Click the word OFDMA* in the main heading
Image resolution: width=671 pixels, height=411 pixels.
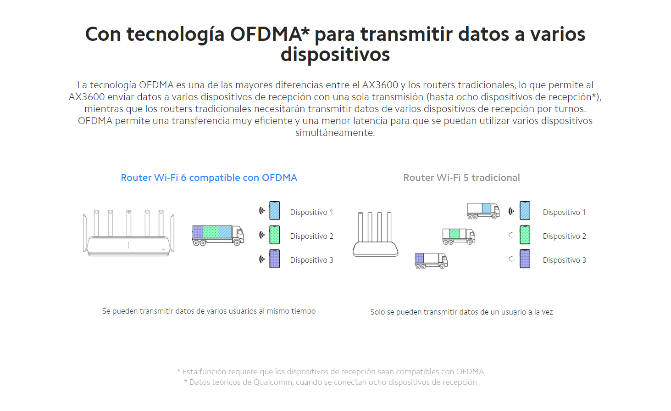[x=269, y=34]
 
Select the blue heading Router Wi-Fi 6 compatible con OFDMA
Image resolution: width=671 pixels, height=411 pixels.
[x=209, y=178]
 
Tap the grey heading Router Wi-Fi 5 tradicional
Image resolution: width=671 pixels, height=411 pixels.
[x=461, y=178]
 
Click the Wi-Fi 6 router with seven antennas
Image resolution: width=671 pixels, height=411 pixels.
[x=128, y=233]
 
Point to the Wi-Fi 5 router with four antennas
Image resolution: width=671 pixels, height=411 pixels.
[x=375, y=234]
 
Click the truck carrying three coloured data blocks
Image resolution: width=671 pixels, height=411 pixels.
[x=218, y=236]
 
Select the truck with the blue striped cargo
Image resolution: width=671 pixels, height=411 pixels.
[x=483, y=211]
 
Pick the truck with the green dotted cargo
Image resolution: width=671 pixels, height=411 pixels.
[x=459, y=236]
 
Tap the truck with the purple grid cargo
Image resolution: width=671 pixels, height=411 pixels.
[x=431, y=261]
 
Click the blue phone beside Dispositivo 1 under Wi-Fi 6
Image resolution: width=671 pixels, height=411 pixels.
[x=274, y=211]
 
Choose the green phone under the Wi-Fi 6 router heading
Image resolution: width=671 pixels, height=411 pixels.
[x=274, y=235]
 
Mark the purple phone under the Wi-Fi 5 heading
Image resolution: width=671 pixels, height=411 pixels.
[x=525, y=259]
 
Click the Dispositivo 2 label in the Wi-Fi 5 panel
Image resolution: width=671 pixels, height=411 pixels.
[x=564, y=236]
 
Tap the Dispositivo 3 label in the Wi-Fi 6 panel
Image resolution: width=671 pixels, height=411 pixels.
[x=311, y=260]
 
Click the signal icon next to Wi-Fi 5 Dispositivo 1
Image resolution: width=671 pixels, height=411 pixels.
[x=511, y=211]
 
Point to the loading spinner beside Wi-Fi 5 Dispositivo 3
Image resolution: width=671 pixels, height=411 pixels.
[x=512, y=259]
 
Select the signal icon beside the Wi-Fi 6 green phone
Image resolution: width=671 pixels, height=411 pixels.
[x=262, y=235]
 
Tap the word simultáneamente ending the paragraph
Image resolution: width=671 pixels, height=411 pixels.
[x=335, y=133]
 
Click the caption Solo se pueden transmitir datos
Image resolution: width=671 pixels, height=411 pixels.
[x=461, y=312]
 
